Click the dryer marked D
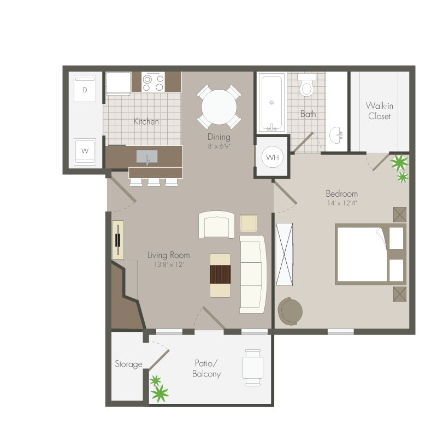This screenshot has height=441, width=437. click(85, 89)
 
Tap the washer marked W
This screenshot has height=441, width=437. click(85, 151)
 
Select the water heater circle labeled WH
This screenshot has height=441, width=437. click(272, 157)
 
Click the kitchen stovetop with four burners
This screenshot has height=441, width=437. click(153, 81)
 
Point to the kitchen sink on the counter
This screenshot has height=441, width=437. click(147, 156)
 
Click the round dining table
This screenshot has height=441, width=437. click(219, 107)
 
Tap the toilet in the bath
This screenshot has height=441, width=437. click(306, 85)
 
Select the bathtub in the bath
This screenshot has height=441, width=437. click(271, 102)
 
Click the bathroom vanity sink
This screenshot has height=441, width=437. click(336, 135)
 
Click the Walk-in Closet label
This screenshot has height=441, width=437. click(379, 111)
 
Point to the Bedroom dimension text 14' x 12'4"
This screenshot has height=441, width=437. click(341, 203)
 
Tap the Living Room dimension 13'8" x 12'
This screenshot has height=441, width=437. click(168, 264)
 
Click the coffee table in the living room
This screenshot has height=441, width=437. click(220, 275)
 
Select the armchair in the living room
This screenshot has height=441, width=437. click(216, 225)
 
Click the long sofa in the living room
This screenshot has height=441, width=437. click(253, 274)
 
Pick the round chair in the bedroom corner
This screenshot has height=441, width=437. click(290, 311)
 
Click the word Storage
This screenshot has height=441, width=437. click(128, 364)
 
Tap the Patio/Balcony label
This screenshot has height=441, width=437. click(206, 368)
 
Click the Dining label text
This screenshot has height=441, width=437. click(219, 137)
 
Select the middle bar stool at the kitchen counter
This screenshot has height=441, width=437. click(154, 183)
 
